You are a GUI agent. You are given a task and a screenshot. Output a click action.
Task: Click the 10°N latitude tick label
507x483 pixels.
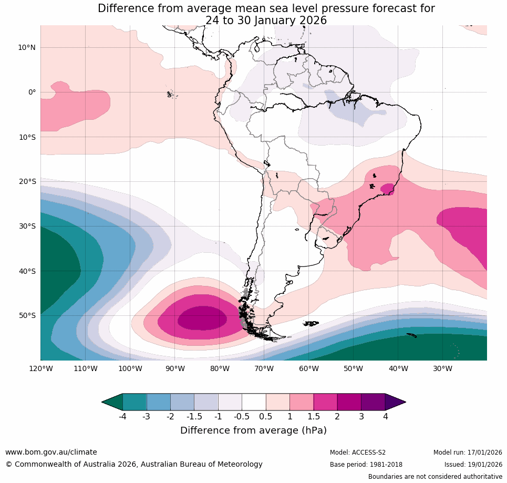point(27,47)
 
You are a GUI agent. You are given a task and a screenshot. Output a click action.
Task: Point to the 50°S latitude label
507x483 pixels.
point(27,316)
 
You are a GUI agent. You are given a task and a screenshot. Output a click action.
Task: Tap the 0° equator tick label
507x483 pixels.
point(32,93)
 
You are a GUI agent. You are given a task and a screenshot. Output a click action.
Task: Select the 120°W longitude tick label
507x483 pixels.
point(41,368)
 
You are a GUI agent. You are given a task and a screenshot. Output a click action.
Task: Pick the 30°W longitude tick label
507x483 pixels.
point(443,368)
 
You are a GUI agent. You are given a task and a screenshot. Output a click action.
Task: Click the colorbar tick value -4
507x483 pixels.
point(122,417)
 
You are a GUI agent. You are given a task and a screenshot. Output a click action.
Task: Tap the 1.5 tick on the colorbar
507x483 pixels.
point(314,417)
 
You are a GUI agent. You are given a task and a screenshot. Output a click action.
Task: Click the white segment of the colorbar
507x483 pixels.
point(254,402)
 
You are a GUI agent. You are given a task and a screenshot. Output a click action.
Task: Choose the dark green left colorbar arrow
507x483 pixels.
point(112,402)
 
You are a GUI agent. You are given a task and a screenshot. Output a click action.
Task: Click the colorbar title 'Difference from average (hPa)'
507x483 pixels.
point(253,430)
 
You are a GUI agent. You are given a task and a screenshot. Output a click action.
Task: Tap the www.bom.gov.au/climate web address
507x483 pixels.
point(51,452)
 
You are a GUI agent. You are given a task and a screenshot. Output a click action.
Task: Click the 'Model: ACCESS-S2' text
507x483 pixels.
point(357,453)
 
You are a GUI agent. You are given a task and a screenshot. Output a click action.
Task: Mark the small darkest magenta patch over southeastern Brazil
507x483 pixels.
point(388,189)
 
